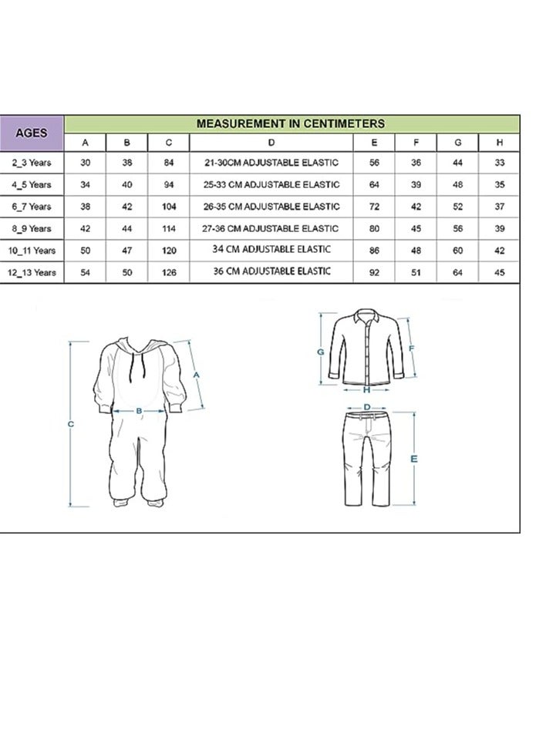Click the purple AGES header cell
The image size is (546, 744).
tap(32, 133)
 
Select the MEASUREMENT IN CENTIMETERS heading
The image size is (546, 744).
tap(291, 123)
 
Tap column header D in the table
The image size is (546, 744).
tap(271, 143)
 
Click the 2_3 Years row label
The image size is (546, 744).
tap(32, 163)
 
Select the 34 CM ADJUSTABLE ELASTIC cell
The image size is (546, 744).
tap(271, 250)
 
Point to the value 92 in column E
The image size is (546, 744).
tap(374, 272)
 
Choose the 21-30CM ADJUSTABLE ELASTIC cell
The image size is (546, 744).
tap(271, 163)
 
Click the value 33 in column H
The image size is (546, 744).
tap(500, 163)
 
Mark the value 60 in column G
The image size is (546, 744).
tap(458, 251)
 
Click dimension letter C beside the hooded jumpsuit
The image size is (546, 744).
tap(70, 425)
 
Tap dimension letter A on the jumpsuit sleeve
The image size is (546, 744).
tap(197, 375)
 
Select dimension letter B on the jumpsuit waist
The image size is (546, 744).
tap(139, 411)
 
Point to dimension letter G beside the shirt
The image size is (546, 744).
tap(321, 352)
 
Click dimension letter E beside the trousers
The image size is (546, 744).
tap(414, 459)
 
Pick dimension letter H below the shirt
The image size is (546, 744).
tap(366, 390)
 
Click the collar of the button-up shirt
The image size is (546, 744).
tap(367, 314)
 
